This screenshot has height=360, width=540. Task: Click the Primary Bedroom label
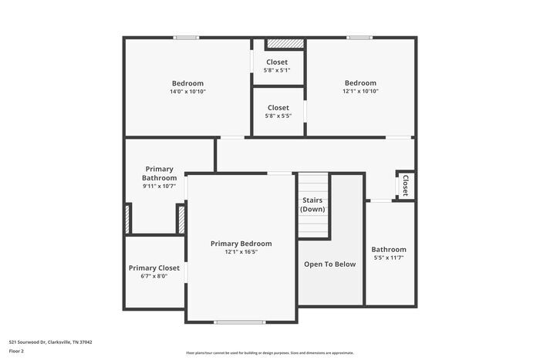(x=241, y=244)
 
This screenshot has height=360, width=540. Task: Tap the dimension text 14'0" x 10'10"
(x=187, y=92)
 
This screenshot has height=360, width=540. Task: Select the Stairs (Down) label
(x=313, y=205)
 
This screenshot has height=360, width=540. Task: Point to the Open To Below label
(x=329, y=264)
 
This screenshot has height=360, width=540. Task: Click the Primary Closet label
(x=154, y=267)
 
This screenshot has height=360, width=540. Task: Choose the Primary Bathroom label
(x=159, y=173)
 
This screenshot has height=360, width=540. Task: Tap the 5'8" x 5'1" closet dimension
(x=278, y=70)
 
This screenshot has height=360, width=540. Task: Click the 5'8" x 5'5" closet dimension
(x=278, y=116)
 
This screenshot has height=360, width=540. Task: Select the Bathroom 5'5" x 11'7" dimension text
(x=388, y=257)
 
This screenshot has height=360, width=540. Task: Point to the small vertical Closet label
(x=404, y=185)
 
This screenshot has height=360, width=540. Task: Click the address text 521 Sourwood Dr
(x=47, y=341)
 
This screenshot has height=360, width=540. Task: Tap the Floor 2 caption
(x=16, y=351)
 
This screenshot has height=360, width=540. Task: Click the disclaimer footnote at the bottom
(x=269, y=352)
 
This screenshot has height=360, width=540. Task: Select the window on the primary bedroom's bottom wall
(x=235, y=321)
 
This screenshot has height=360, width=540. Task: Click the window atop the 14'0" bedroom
(x=186, y=37)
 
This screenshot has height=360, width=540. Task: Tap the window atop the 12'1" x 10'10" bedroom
(x=359, y=37)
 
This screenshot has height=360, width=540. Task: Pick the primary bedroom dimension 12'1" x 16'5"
(x=241, y=252)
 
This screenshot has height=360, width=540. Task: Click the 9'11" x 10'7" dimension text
(x=159, y=186)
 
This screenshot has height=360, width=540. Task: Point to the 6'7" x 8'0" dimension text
(x=154, y=276)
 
